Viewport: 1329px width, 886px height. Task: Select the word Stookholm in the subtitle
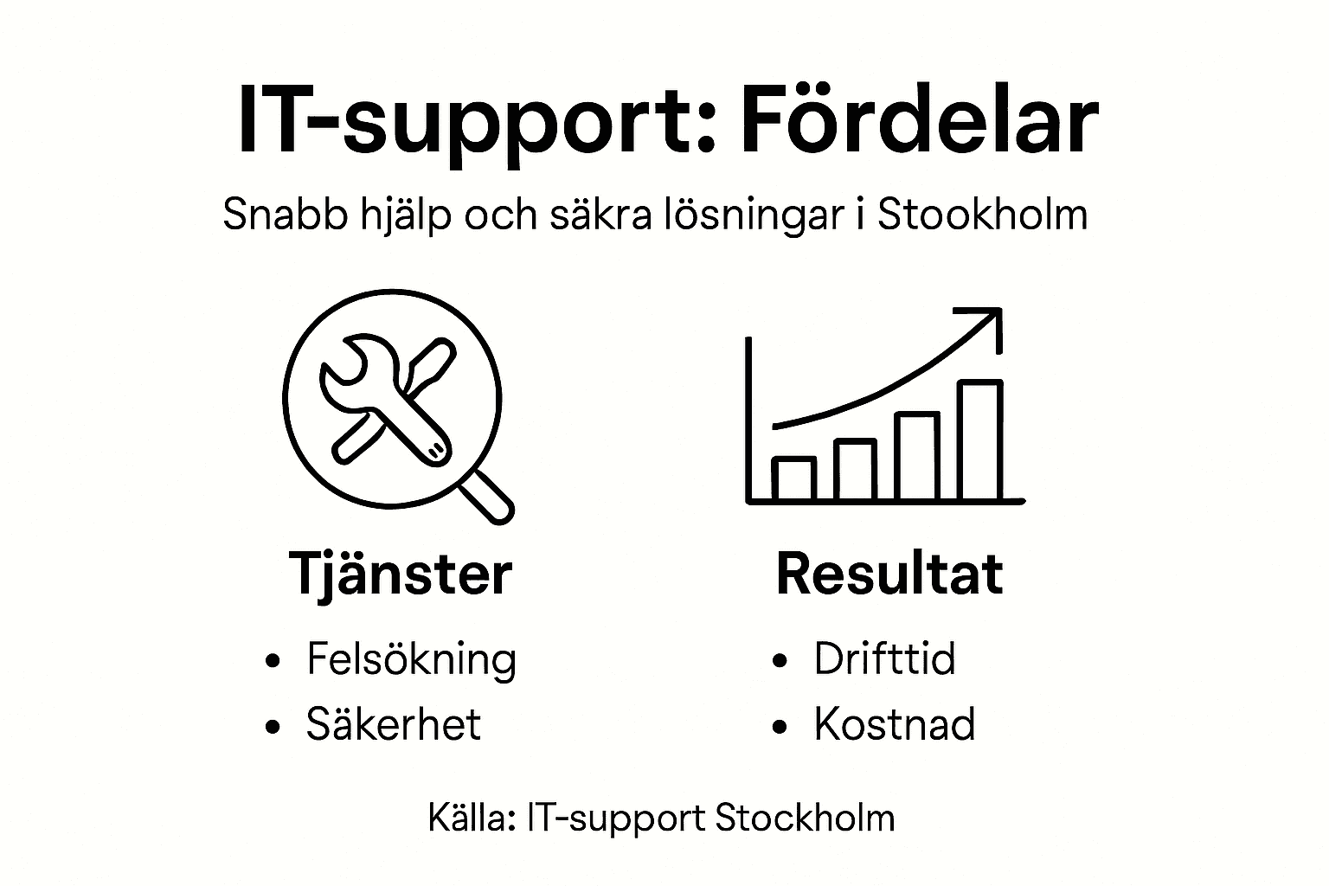coord(982,214)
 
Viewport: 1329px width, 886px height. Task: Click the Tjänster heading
coord(400,575)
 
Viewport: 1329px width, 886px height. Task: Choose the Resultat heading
coord(889,573)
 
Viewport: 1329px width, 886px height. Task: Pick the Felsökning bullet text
coord(411,660)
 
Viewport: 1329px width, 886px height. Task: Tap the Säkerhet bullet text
coord(393,724)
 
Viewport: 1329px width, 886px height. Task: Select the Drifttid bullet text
coord(884,659)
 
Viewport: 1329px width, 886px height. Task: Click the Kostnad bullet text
coord(894,724)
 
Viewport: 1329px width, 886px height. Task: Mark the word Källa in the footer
coord(471,818)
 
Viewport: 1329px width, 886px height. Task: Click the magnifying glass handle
coord(488,500)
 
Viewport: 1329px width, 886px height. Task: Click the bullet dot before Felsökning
coord(274,661)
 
